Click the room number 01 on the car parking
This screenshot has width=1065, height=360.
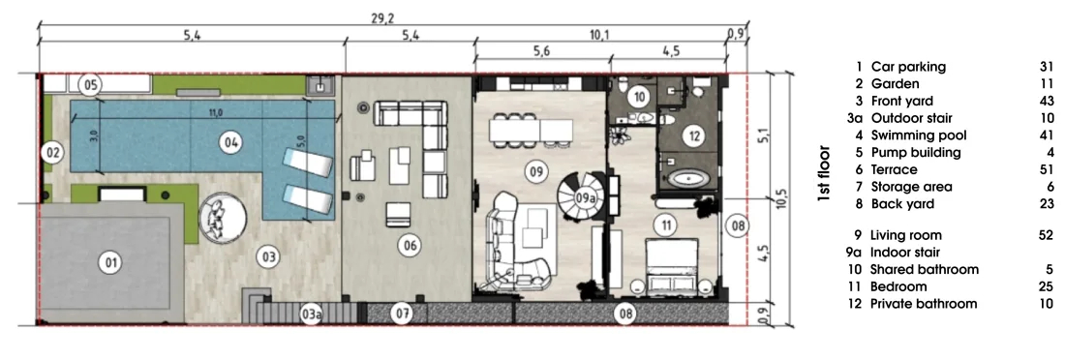107,261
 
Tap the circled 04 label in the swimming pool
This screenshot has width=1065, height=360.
230,142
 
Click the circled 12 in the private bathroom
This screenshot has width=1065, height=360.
693,136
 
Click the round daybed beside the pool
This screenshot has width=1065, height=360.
222,218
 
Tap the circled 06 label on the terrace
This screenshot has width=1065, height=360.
409,246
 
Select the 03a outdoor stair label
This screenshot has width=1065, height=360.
311,314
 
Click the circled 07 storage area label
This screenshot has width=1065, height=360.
404,314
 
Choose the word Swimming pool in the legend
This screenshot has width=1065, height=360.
918,135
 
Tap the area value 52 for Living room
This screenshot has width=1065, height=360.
1046,235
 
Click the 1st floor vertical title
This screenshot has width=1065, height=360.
824,174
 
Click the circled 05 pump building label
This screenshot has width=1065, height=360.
90,85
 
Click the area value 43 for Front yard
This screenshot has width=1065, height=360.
1046,102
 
